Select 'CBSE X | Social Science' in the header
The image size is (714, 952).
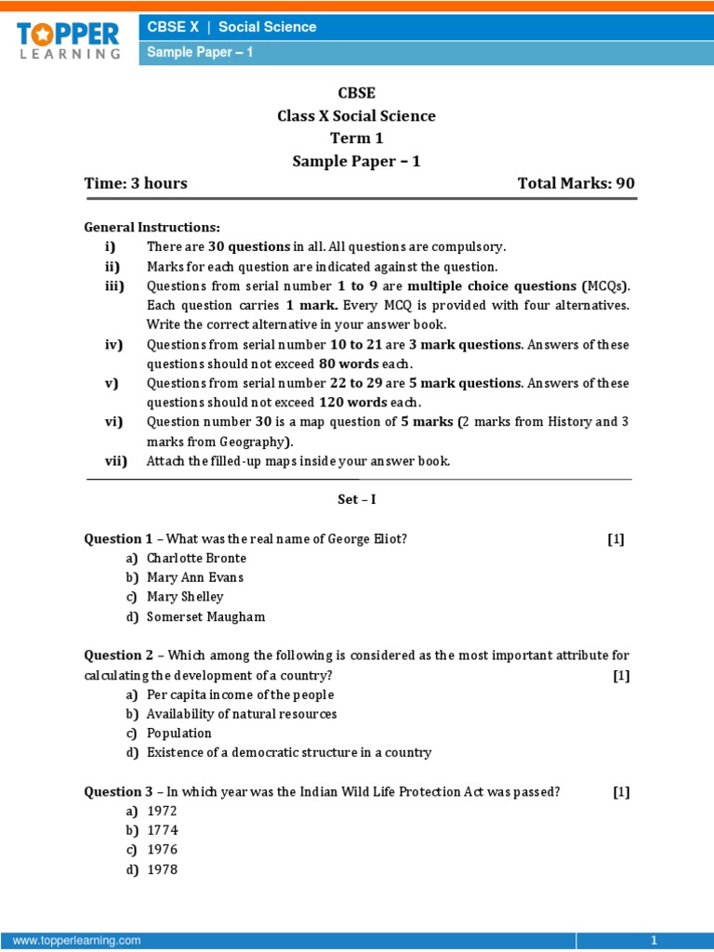coord(232,27)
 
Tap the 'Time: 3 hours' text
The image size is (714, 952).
coord(136,183)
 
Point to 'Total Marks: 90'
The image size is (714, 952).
coord(575,183)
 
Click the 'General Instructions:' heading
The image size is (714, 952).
coord(152,227)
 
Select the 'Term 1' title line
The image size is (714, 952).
coord(356,139)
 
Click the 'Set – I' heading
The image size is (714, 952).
coord(356,499)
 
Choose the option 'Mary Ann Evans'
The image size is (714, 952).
coord(194,577)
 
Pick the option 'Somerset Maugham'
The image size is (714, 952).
coord(205,616)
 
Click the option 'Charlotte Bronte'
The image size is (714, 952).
coord(196,558)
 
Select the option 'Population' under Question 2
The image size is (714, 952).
coord(179,734)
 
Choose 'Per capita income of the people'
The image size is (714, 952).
coord(240,694)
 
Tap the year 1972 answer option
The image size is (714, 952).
coord(162,811)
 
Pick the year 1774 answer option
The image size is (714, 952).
coord(162,830)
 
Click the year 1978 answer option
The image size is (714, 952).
coord(162,869)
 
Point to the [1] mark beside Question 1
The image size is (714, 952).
coord(615,539)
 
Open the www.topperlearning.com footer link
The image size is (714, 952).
coord(77,941)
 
